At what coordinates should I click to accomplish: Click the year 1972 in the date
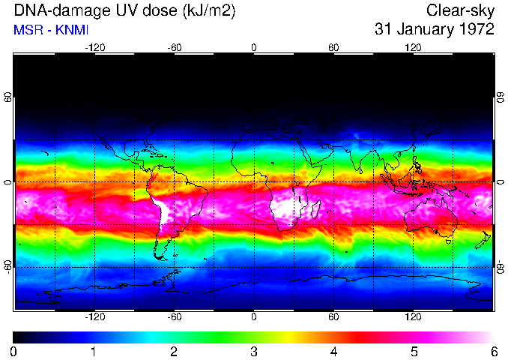[475, 30]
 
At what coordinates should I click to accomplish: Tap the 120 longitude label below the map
[413, 317]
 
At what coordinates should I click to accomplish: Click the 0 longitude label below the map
[254, 317]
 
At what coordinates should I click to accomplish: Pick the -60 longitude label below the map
[174, 317]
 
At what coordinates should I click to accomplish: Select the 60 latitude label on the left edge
[7, 98]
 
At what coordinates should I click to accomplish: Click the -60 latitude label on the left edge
[7, 267]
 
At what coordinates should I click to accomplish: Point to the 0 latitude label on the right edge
[501, 182]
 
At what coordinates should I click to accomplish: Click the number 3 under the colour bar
[253, 351]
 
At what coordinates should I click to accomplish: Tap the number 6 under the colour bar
[493, 351]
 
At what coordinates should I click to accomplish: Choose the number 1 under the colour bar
[94, 351]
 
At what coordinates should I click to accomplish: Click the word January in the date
[420, 30]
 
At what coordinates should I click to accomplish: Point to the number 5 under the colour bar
[413, 351]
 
